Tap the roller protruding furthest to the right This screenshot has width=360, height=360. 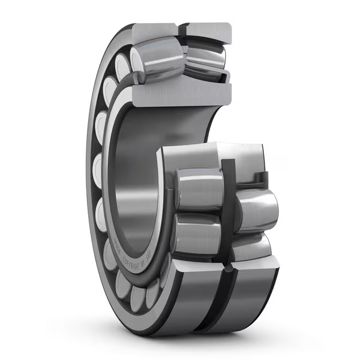[258, 210]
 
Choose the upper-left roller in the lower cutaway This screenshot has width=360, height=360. [198, 190]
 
